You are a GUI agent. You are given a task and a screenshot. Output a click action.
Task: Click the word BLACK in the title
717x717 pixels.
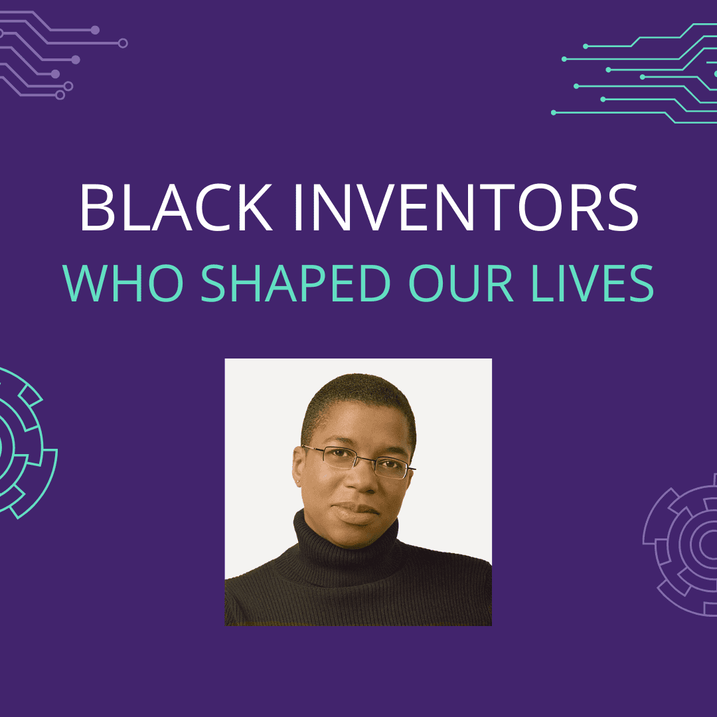176,208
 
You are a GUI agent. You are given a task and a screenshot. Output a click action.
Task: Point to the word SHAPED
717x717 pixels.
295,283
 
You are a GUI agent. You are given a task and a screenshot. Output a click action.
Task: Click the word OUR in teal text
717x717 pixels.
461,283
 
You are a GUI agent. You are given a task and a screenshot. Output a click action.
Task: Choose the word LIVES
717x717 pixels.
593,283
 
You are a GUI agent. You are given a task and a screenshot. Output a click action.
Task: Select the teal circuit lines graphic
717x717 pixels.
635,73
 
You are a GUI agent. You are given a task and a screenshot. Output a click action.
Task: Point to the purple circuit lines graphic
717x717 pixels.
62,54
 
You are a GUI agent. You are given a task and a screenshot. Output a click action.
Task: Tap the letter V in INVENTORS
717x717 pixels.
376,208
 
